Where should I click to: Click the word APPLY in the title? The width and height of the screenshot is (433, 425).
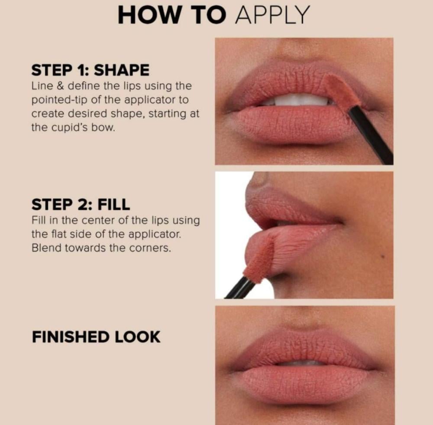tap(272, 15)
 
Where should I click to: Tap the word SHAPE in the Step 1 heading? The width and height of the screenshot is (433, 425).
tap(122, 70)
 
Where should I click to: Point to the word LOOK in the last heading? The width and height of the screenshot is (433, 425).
tap(137, 337)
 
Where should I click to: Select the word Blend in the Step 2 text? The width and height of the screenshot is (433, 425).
tap(47, 248)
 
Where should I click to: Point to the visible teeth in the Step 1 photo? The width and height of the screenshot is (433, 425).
tap(298, 100)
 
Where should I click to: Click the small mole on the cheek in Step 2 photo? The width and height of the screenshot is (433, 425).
tap(382, 256)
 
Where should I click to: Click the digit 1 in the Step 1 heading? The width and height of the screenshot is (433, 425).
tap(81, 70)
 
